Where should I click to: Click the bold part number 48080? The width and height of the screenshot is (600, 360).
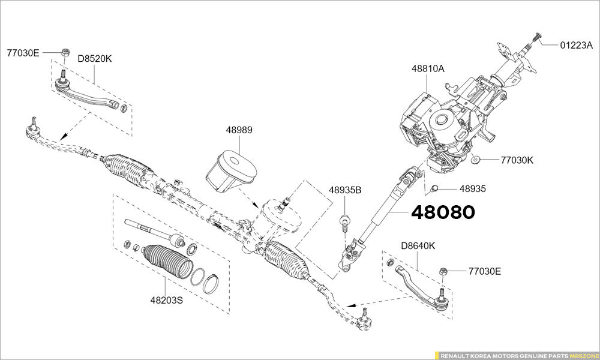pyautogui.click(x=442, y=212)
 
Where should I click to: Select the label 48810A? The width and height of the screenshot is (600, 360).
pyautogui.click(x=428, y=69)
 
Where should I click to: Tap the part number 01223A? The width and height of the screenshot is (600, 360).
pyautogui.click(x=576, y=44)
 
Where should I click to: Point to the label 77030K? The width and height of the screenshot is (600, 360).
pyautogui.click(x=517, y=160)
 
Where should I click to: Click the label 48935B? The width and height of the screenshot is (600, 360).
pyautogui.click(x=345, y=190)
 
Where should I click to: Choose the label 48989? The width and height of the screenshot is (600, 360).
pyautogui.click(x=239, y=130)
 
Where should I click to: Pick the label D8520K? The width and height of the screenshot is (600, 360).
pyautogui.click(x=95, y=59)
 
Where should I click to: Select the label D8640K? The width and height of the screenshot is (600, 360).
pyautogui.click(x=418, y=245)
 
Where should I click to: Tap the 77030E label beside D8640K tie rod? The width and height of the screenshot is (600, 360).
pyautogui.click(x=484, y=271)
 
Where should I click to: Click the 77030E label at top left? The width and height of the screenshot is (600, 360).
pyautogui.click(x=23, y=53)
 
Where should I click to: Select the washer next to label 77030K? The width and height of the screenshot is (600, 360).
pyautogui.click(x=475, y=159)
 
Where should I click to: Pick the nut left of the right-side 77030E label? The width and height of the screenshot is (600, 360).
pyautogui.click(x=444, y=272)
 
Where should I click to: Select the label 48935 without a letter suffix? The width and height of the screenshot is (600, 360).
pyautogui.click(x=472, y=188)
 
